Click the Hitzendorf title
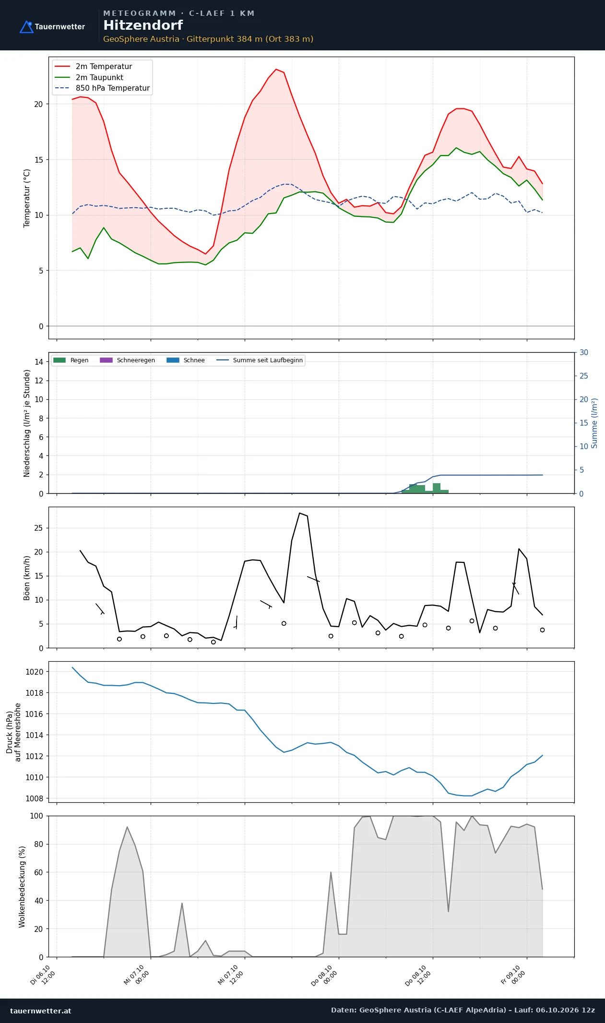(143, 25)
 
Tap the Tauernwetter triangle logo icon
(26, 27)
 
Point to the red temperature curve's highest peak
(276, 69)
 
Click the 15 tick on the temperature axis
(38, 160)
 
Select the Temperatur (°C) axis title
(27, 198)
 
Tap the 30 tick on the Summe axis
(584, 352)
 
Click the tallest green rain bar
(437, 488)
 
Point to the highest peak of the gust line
(299, 513)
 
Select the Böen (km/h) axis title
(27, 578)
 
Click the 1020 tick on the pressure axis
(34, 672)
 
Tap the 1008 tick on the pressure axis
(34, 798)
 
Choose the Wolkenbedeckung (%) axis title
(22, 886)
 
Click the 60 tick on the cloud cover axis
(38, 872)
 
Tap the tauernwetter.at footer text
(41, 1011)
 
